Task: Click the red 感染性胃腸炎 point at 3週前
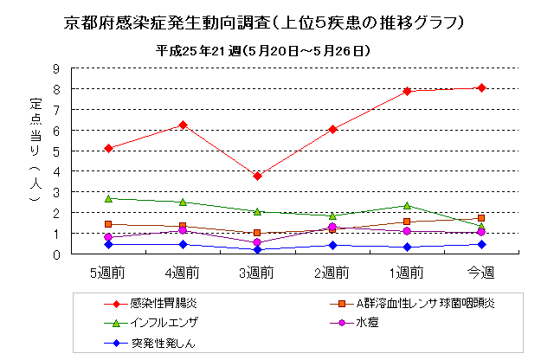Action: (x=257, y=177)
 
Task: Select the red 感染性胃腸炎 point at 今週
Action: (x=481, y=87)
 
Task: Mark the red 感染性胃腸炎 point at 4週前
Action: (x=183, y=125)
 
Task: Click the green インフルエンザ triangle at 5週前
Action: (x=108, y=198)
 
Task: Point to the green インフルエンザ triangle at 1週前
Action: (x=407, y=205)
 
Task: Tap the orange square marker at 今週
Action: (x=481, y=218)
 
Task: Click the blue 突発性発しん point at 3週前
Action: (x=257, y=250)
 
